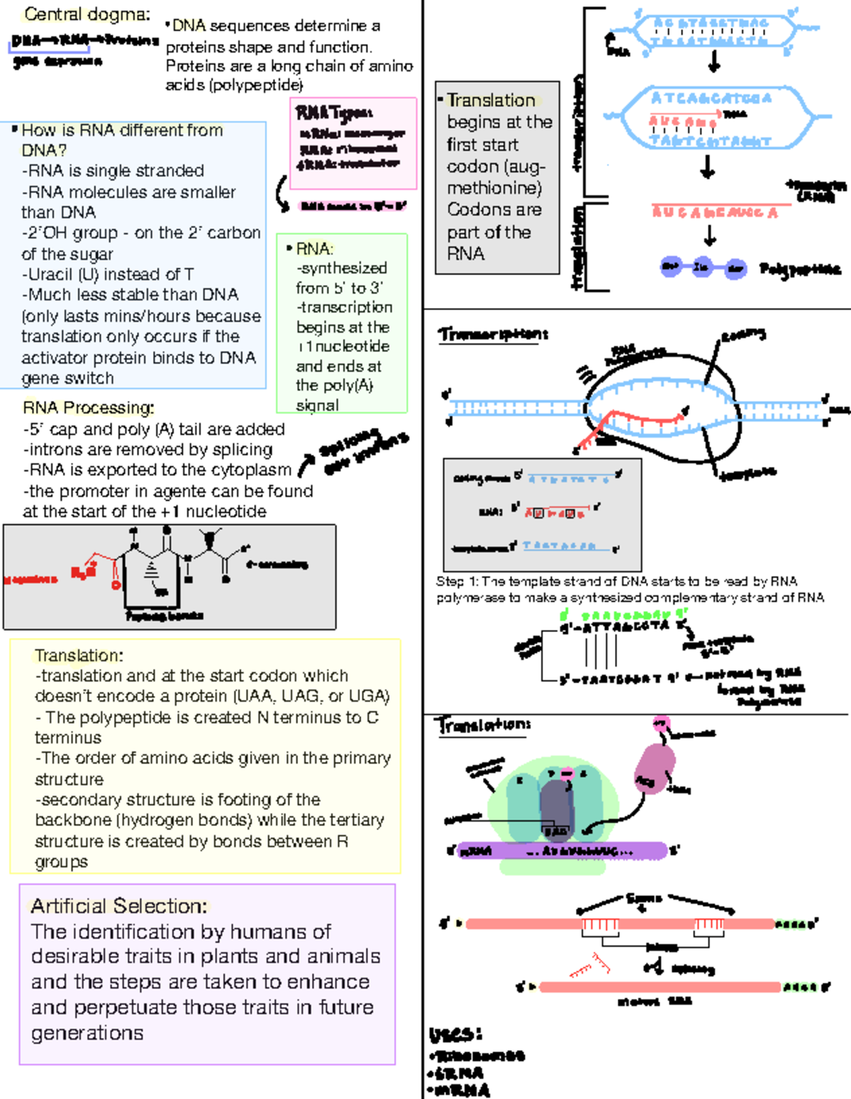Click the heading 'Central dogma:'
[87, 14]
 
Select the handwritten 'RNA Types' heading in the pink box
[334, 112]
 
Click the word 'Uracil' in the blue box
[49, 275]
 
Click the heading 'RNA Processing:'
[88, 408]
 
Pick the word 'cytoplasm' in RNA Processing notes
[258, 470]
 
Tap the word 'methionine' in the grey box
[494, 188]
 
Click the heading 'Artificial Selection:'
[119, 906]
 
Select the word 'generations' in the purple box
[87, 1033]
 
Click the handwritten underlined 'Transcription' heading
[493, 334]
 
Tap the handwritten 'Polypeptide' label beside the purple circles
[799, 269]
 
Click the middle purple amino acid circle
[701, 267]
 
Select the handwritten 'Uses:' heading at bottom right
[456, 1034]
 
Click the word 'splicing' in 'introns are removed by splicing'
[247, 450]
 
